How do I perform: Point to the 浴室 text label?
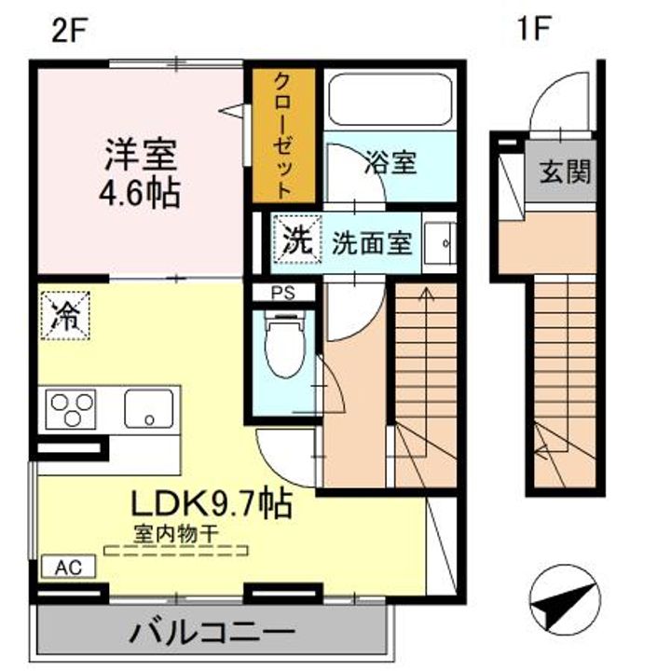pos(390,163)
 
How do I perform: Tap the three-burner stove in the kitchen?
pos(72,409)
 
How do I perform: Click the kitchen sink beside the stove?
pos(149,408)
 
